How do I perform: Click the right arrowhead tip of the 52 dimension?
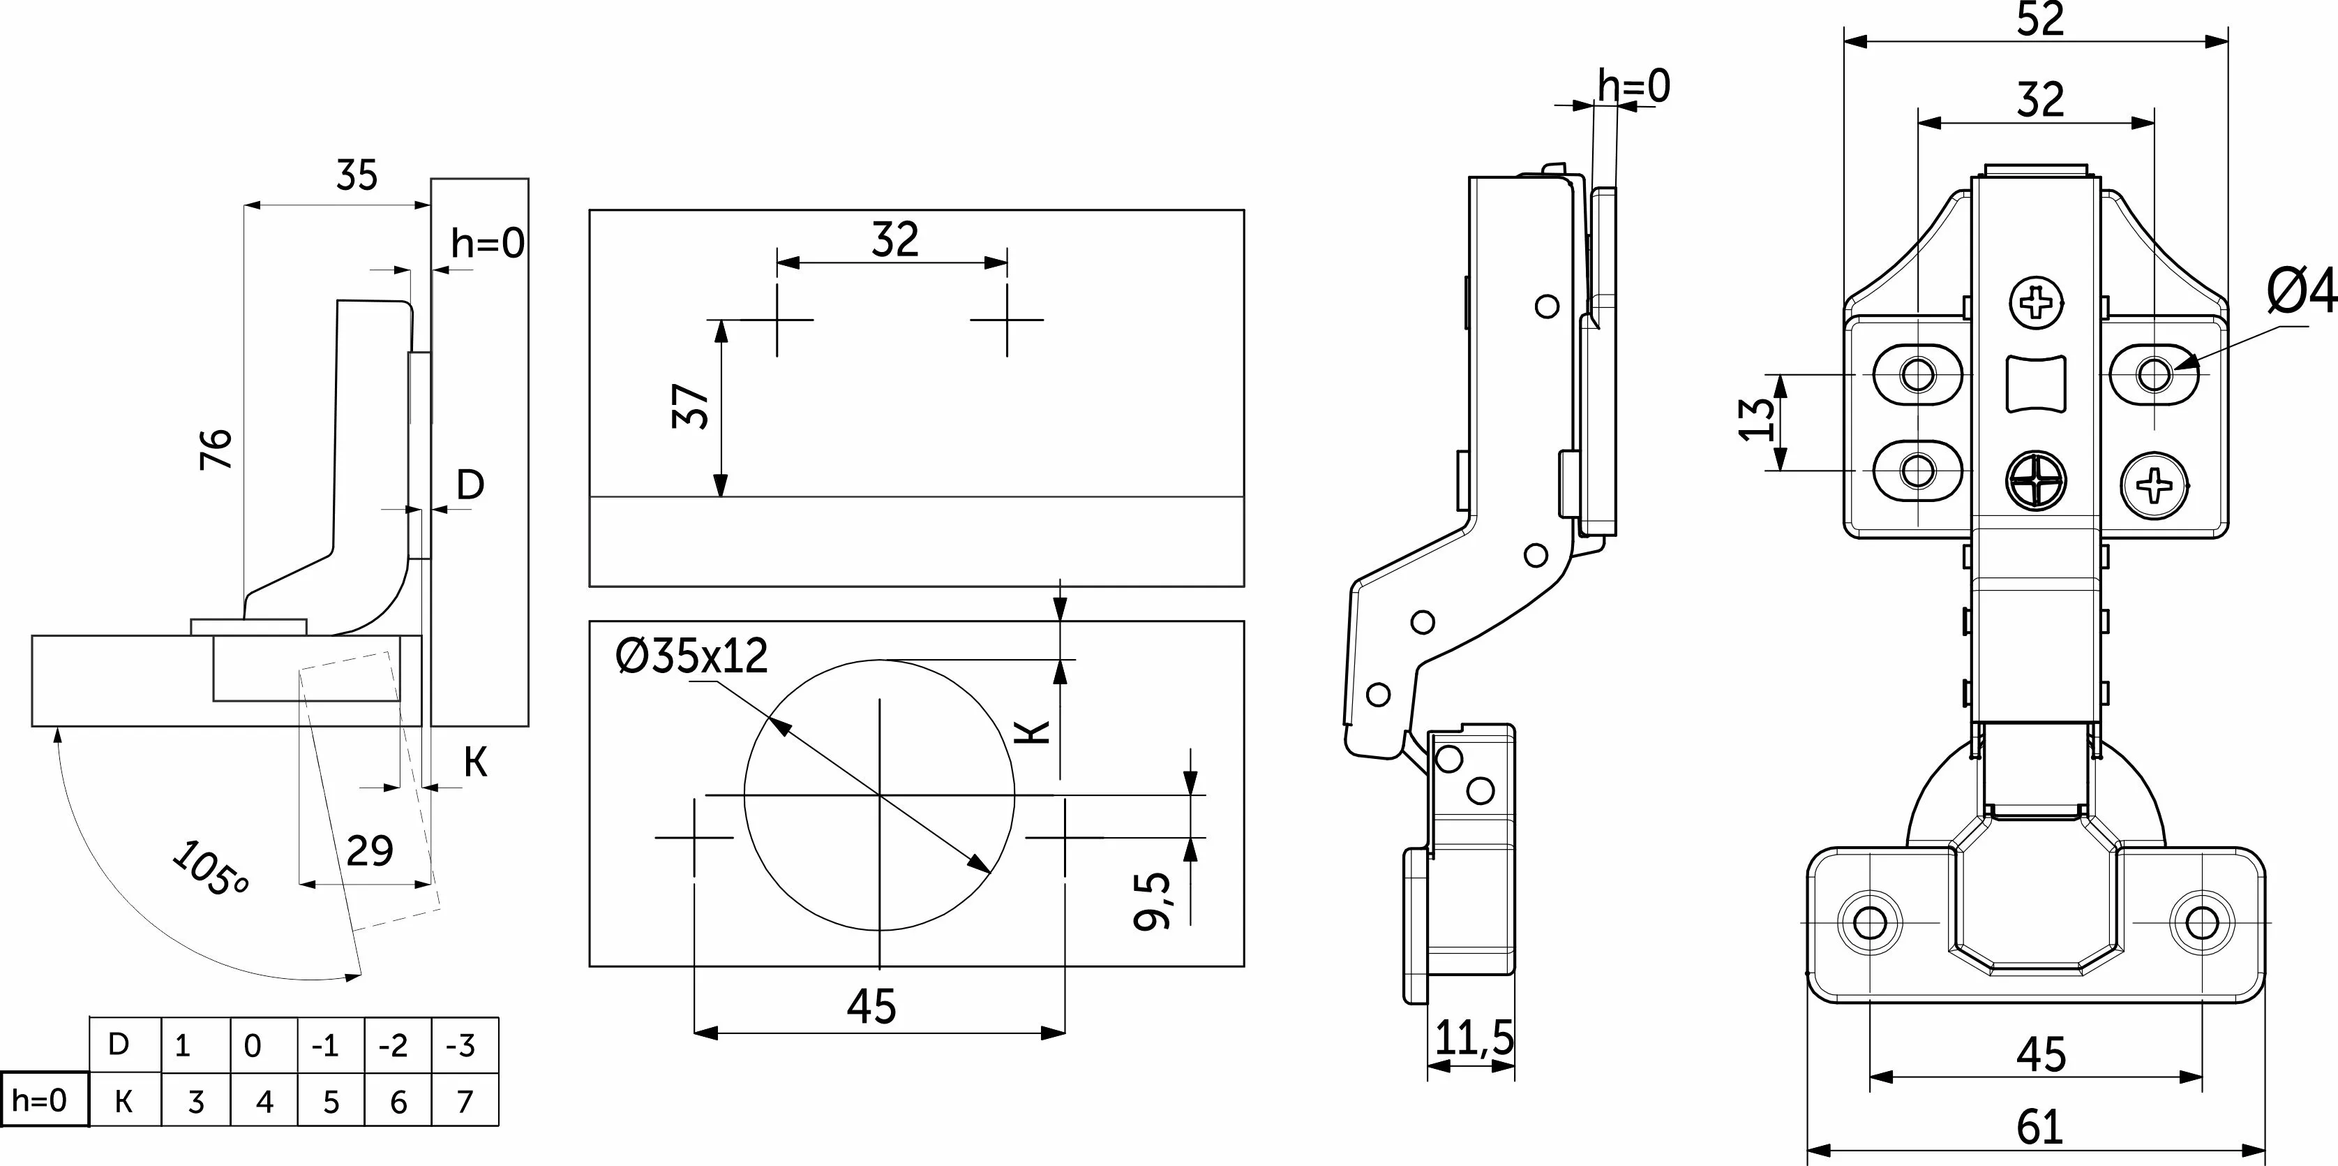point(2228,42)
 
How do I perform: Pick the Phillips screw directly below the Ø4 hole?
point(2154,485)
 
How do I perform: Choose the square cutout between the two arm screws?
point(2036,384)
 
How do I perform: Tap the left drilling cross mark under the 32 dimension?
point(778,320)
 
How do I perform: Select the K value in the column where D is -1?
point(331,1102)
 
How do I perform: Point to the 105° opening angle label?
point(209,868)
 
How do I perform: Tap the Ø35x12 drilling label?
point(691,656)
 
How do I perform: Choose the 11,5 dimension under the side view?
point(1475,1037)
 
